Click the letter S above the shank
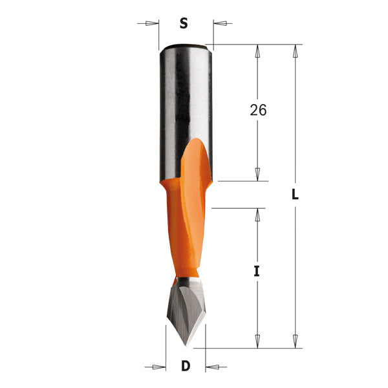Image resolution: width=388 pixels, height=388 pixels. (183, 23)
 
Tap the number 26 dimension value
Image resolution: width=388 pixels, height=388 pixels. (258, 110)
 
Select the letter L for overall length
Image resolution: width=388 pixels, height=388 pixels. (294, 195)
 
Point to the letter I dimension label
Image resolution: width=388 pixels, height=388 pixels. (256, 272)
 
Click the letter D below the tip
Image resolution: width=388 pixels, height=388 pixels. (186, 367)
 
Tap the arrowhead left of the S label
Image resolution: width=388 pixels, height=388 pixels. (151, 24)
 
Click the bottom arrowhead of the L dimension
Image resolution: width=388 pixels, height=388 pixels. (296, 341)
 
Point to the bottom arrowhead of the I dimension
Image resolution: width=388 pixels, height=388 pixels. (257, 341)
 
